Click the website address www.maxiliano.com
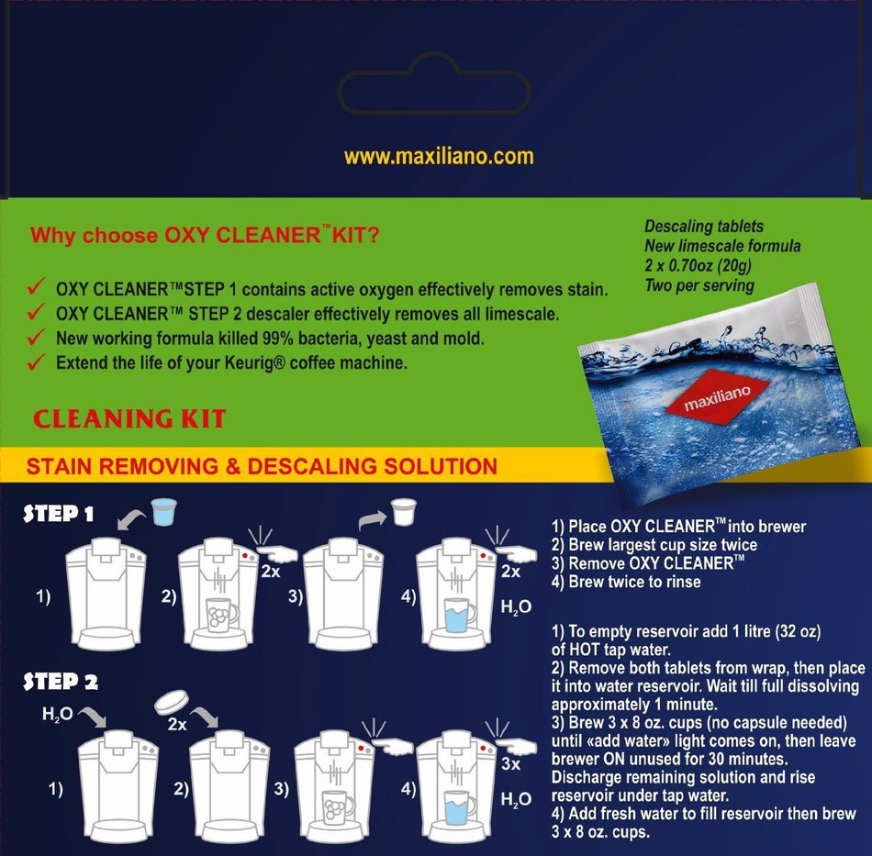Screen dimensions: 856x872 [439, 156]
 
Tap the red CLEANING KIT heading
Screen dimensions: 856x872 [129, 419]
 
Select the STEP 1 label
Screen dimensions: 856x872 [59, 514]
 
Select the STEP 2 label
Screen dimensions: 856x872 [61, 682]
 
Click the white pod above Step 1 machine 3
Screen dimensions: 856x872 [400, 511]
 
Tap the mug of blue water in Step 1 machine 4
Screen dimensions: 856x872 [456, 615]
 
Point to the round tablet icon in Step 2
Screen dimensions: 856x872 [171, 703]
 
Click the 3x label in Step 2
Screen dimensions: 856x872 [511, 763]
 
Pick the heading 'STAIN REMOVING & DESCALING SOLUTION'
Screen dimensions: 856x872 [262, 466]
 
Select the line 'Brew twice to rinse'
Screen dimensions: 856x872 [633, 581]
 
